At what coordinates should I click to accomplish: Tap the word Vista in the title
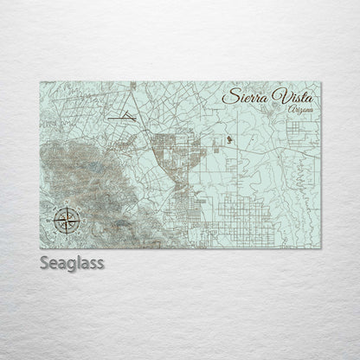point(291,95)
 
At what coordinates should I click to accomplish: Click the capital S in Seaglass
point(43,262)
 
